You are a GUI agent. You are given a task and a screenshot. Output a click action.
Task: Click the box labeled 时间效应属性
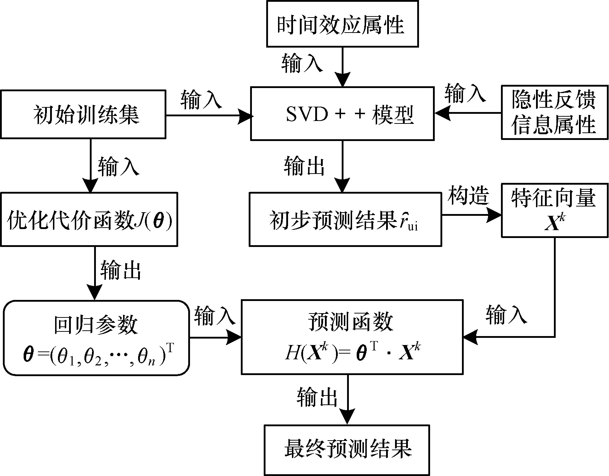(x=342, y=24)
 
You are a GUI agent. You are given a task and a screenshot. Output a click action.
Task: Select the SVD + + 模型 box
(x=342, y=113)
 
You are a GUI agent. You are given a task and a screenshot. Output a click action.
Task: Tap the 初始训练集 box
(x=83, y=114)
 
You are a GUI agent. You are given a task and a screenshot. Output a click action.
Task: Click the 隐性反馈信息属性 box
(x=554, y=112)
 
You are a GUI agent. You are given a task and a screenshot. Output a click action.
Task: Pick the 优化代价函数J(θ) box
(x=89, y=219)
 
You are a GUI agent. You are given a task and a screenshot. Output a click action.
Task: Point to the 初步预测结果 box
(x=345, y=219)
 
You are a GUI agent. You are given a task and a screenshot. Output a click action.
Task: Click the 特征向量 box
(x=554, y=210)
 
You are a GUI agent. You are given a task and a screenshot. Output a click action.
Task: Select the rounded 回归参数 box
(x=96, y=337)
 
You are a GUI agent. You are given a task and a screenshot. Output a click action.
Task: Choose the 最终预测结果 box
(x=346, y=450)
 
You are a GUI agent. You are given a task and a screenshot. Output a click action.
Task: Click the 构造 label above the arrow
(x=468, y=196)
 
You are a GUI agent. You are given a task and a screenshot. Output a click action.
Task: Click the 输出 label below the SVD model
(x=304, y=166)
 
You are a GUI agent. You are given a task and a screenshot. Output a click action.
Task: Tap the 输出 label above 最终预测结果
(x=317, y=397)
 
